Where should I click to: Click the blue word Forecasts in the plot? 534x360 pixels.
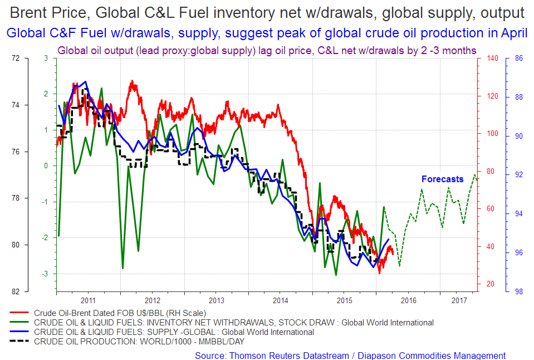tap(442, 179)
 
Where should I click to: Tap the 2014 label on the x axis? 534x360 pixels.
tap(280, 300)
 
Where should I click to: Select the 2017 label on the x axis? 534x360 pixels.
tap(459, 300)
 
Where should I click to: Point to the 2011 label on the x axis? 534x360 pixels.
tap(87, 300)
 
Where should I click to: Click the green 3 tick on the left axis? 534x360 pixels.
tap(46, 59)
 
